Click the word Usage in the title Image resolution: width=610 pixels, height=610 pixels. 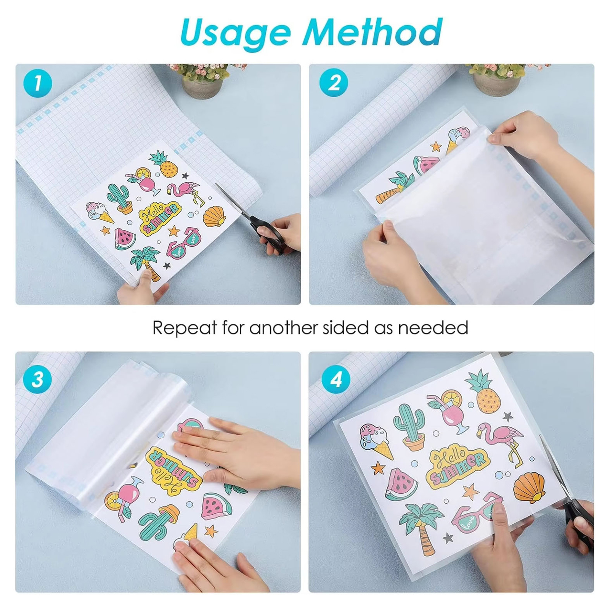235,33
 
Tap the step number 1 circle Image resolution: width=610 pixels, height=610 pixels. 37,83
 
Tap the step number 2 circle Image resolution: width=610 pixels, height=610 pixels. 334,83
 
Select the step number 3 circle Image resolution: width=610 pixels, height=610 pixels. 37,379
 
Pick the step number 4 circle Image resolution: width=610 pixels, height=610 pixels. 336,379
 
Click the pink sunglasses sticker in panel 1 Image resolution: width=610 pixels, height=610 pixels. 185,242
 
